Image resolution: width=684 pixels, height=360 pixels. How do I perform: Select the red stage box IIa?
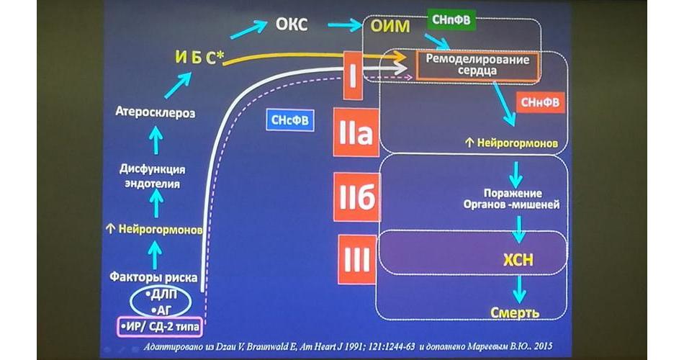[x=356, y=132]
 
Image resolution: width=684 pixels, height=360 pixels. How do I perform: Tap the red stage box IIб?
[x=356, y=197]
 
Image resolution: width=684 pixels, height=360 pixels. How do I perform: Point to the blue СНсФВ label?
[x=290, y=120]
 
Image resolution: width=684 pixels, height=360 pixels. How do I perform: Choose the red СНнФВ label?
[x=537, y=103]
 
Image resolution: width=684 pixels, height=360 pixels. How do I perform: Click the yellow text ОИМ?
[x=391, y=27]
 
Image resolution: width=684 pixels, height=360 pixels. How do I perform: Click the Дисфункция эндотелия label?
[x=152, y=176]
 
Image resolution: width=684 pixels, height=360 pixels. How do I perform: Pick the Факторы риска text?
[x=153, y=276]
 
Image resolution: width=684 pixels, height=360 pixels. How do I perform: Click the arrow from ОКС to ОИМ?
[x=345, y=25]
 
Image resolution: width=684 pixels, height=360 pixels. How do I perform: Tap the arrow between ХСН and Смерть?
[x=518, y=287]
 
